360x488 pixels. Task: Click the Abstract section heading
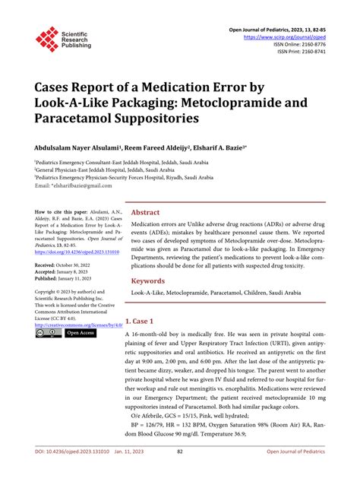[x=146, y=213]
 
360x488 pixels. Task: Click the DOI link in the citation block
[x=74, y=252]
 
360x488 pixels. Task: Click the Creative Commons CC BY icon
[x=47, y=333]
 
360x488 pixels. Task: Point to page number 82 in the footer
[x=180, y=473]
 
